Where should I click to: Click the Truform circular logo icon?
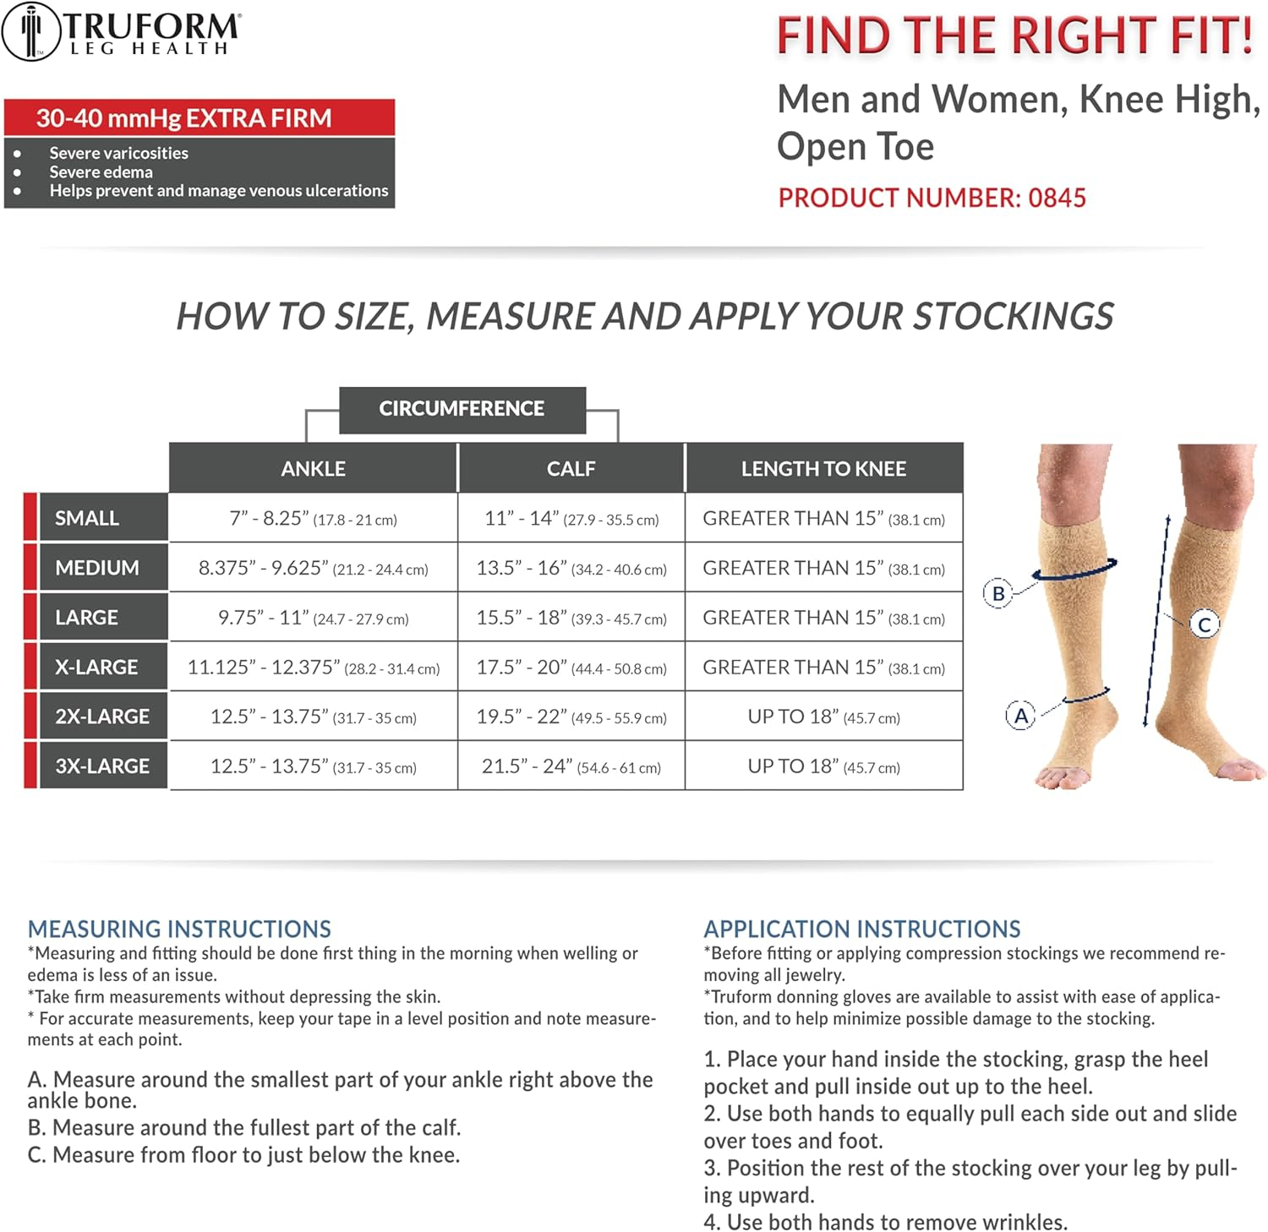coord(31,32)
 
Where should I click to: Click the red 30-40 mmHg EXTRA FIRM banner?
coord(199,118)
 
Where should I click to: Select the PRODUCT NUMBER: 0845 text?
coord(932,198)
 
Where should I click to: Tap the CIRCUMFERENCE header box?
coord(462,409)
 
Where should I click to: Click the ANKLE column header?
coord(313,469)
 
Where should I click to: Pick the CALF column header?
coord(571,469)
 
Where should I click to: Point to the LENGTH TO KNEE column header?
coord(823,469)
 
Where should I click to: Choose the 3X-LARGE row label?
coord(102,766)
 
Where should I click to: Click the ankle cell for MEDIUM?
coord(313,568)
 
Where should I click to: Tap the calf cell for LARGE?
coord(571,618)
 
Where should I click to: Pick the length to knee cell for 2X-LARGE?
coord(823,717)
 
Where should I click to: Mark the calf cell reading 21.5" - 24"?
coord(571,766)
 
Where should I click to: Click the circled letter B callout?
coord(998,593)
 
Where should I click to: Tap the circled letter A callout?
coord(1020,716)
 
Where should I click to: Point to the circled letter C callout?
coord(1205,624)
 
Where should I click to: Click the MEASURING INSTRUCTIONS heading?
coord(179,929)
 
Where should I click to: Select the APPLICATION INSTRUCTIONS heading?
coord(862,929)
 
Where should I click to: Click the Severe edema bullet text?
coord(101,172)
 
